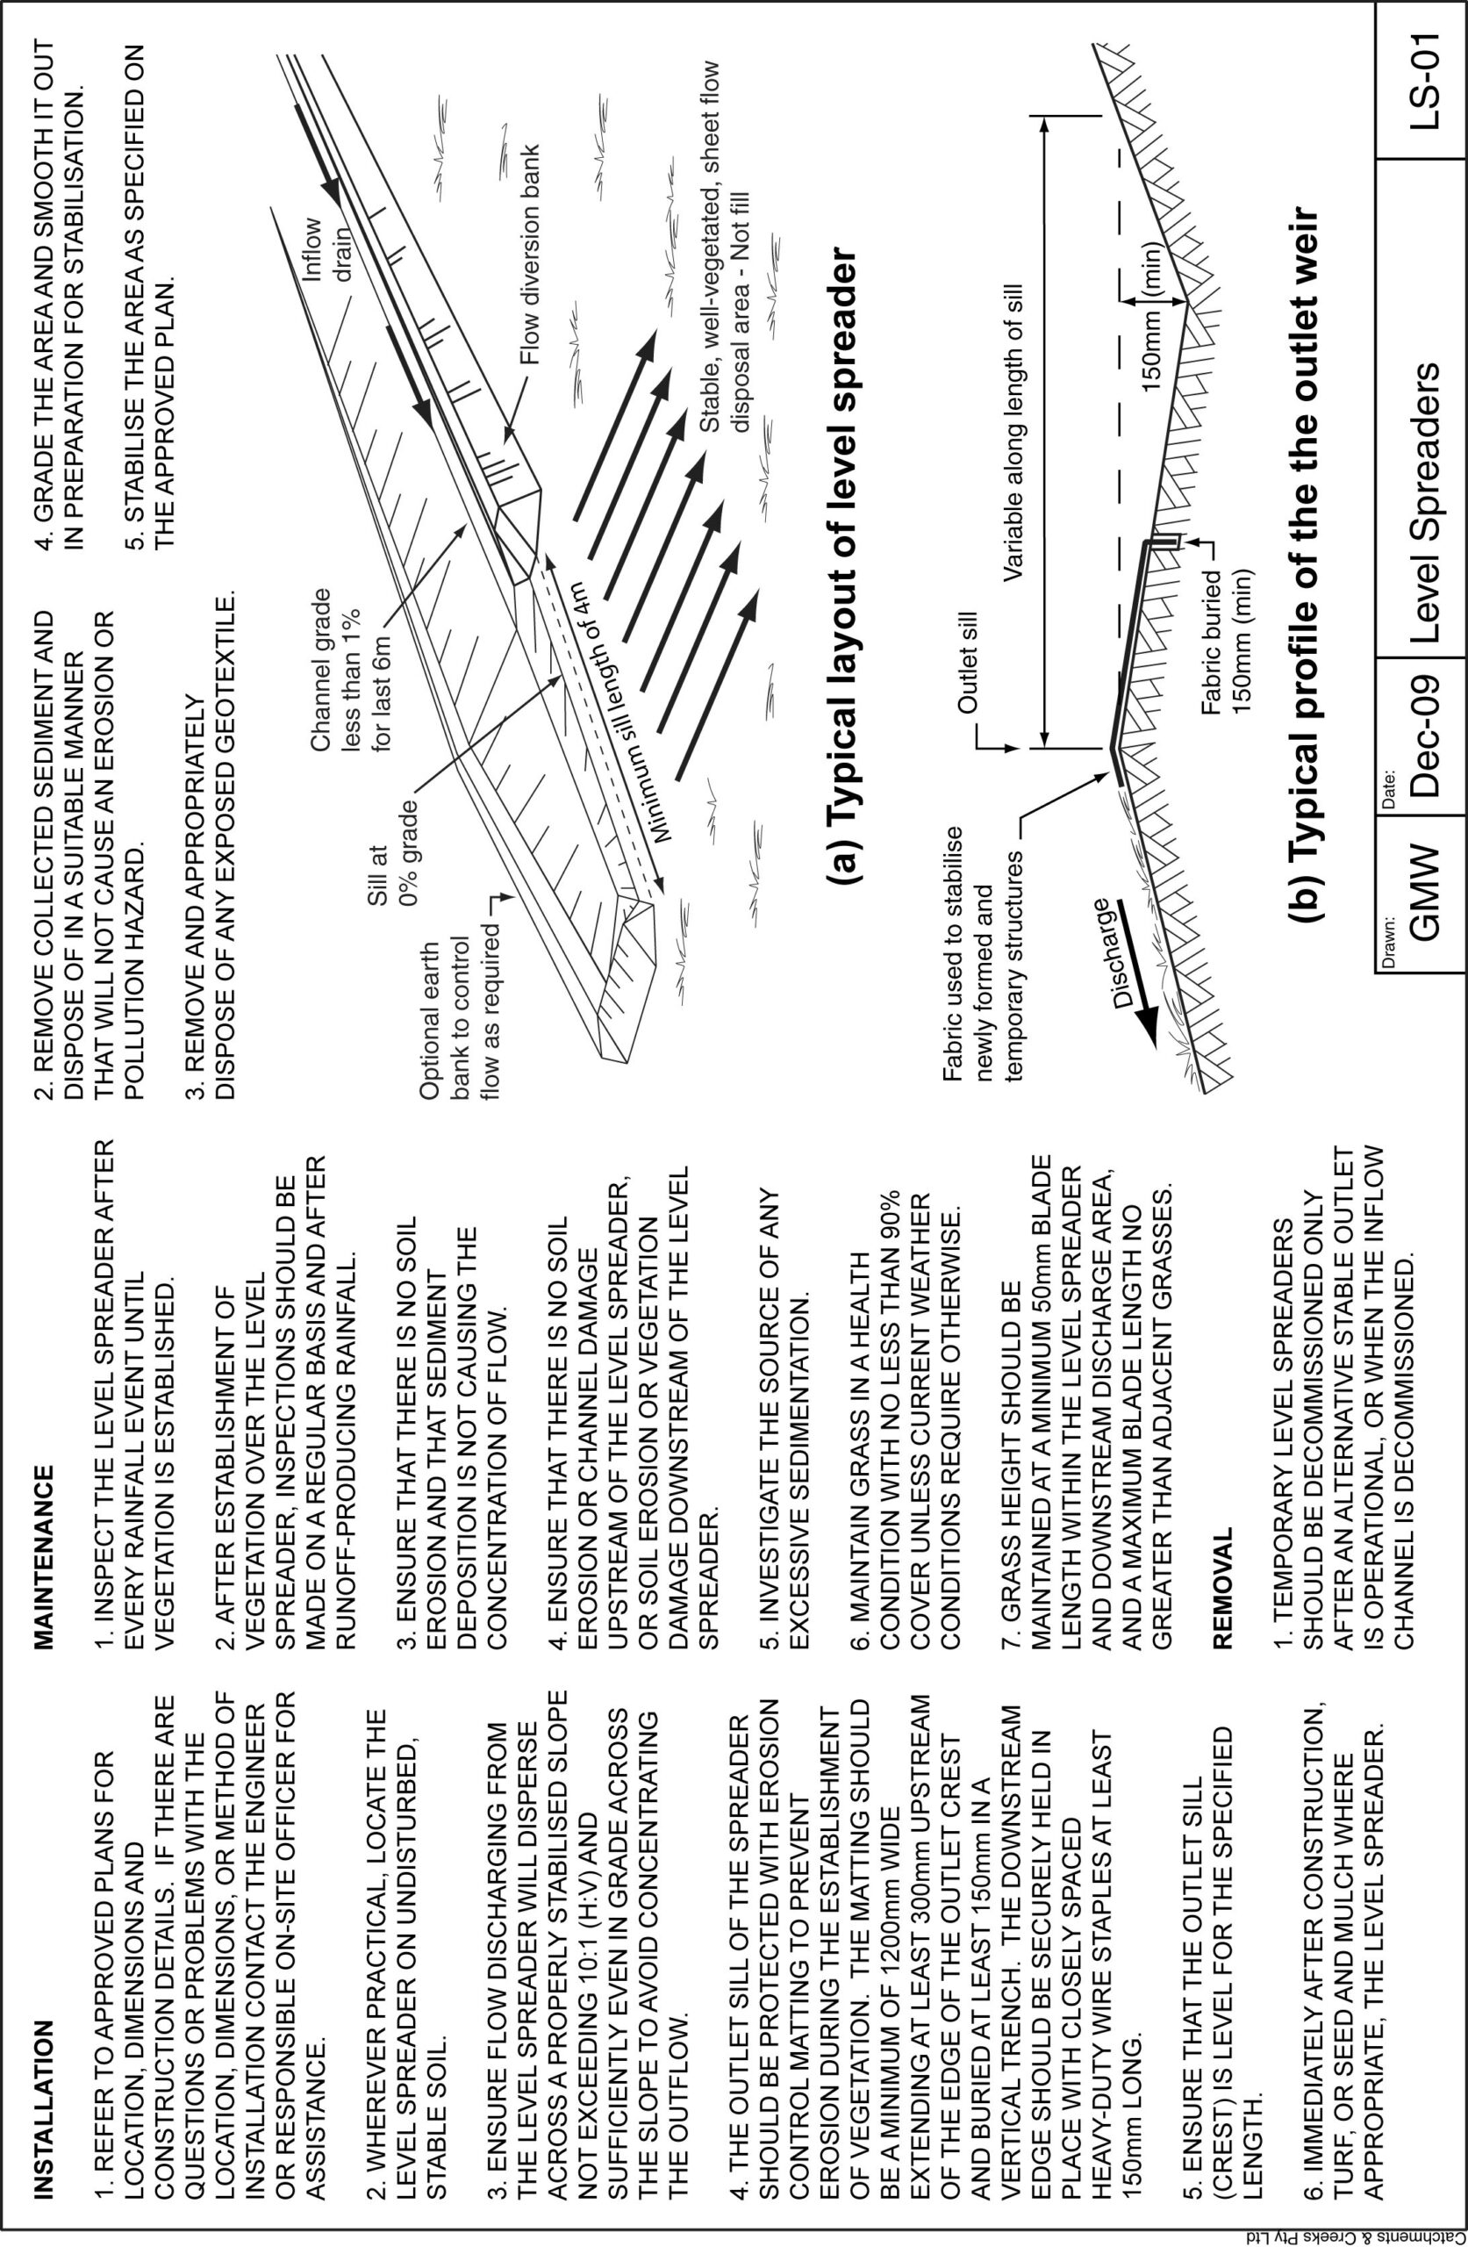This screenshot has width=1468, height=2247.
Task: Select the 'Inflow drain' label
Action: (x=326, y=253)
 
